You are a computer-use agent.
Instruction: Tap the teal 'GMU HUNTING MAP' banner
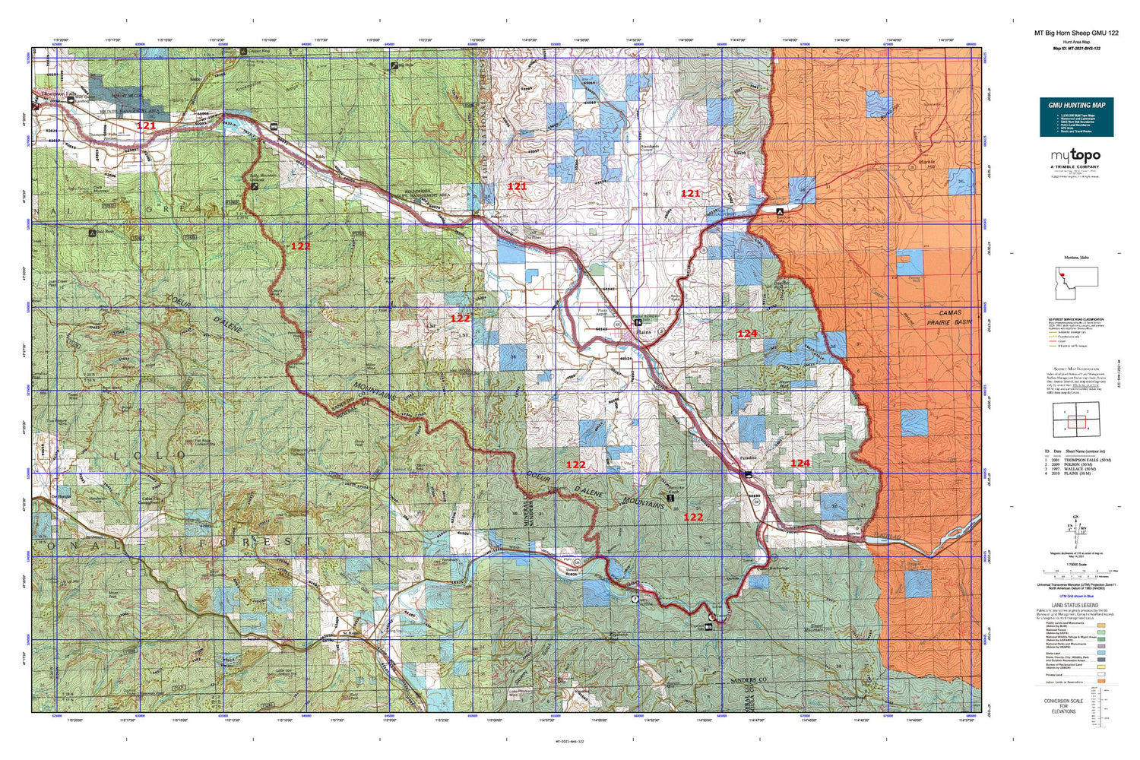coord(1076,105)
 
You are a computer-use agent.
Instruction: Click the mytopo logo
coord(1075,156)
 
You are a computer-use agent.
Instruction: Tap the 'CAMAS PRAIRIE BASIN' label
coord(949,317)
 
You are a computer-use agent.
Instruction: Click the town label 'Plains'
coord(644,332)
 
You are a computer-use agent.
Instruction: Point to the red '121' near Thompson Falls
coord(146,125)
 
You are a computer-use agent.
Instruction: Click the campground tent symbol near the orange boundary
coord(780,211)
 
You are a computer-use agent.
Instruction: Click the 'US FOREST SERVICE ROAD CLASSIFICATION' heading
coord(1075,319)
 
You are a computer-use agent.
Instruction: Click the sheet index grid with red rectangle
coord(1075,421)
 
